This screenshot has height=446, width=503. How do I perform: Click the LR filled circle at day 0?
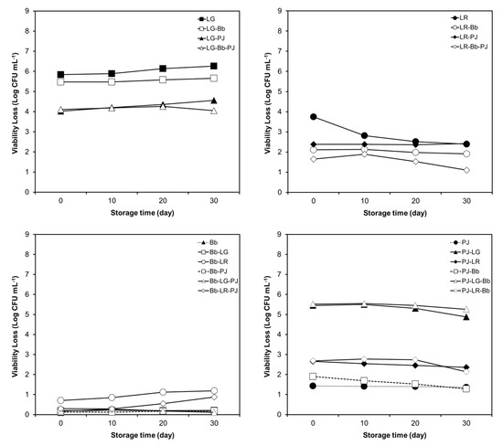click(314, 117)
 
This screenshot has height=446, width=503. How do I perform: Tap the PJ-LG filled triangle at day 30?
click(466, 316)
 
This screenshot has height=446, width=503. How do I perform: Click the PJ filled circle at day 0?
click(314, 386)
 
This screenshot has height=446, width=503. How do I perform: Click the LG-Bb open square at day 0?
click(60, 81)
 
